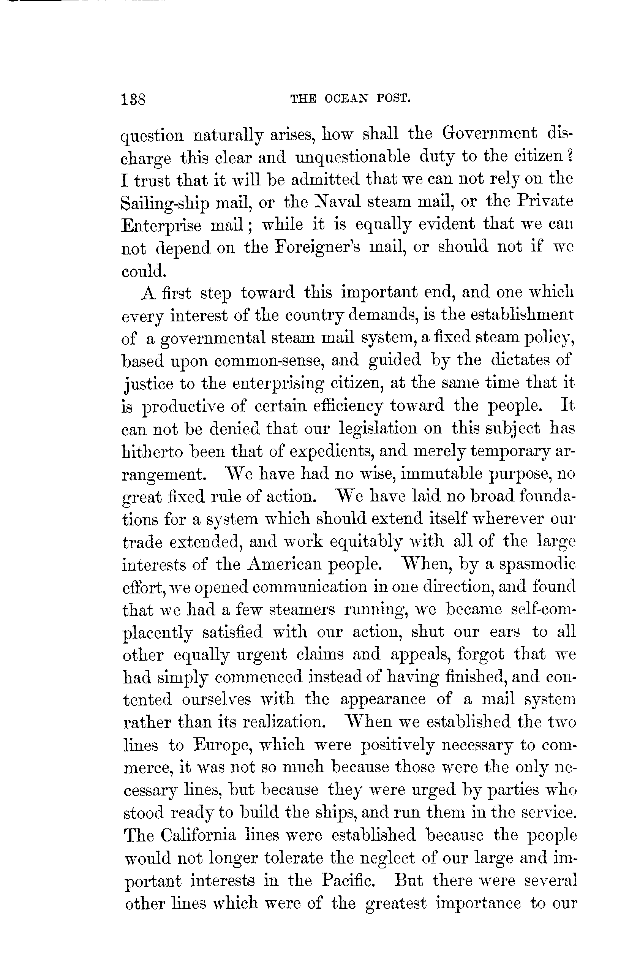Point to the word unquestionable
[352, 156]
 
